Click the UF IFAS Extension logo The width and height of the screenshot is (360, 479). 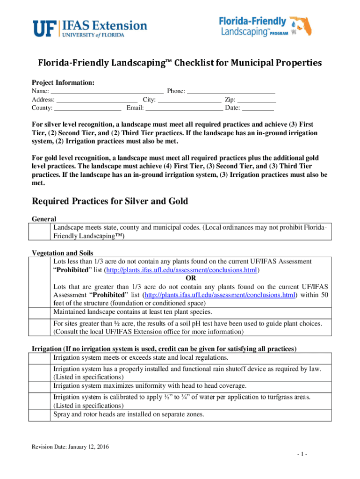[x=89, y=28]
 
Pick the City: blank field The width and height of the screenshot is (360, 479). [x=189, y=100]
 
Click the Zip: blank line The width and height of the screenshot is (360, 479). [x=257, y=100]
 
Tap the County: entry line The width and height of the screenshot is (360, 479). [x=88, y=108]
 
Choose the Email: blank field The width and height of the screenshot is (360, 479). [x=184, y=108]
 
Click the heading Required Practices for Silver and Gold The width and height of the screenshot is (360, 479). [x=109, y=201]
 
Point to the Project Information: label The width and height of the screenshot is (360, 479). [x=63, y=82]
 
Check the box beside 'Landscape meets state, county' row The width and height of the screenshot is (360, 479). [x=40, y=232]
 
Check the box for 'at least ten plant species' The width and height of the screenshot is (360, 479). [x=40, y=312]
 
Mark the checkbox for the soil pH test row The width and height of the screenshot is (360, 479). [x=40, y=327]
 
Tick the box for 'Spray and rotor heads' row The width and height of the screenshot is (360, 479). [x=40, y=414]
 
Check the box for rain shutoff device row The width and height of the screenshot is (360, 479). [x=40, y=373]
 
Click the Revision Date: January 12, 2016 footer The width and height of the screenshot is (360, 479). [x=70, y=447]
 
